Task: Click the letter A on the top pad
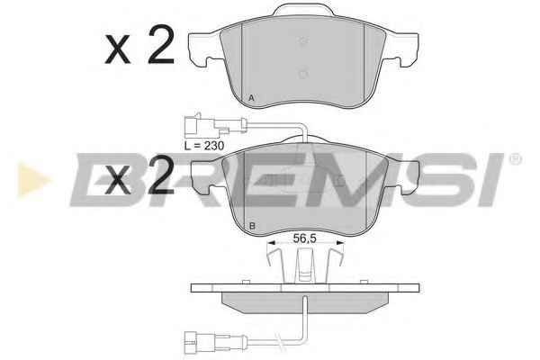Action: pyautogui.click(x=251, y=98)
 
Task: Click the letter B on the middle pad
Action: pyautogui.click(x=252, y=226)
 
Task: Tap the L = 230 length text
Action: pyautogui.click(x=204, y=146)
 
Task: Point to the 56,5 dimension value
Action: pyautogui.click(x=304, y=238)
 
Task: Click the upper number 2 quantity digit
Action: pyautogui.click(x=161, y=44)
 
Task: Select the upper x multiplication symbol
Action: pyautogui.click(x=118, y=50)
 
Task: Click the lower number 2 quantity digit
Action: pyautogui.click(x=161, y=175)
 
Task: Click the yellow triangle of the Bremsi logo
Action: pyautogui.click(x=33, y=179)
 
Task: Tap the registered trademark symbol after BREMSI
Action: pyautogui.click(x=515, y=159)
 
